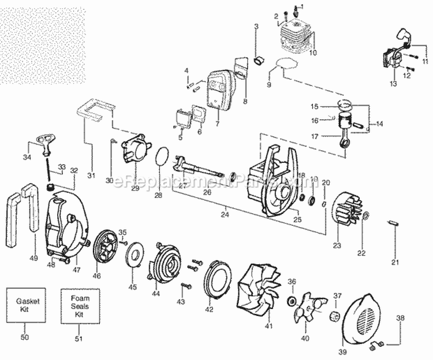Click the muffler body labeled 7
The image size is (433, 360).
(x=218, y=90)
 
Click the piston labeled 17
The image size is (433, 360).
(x=353, y=124)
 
